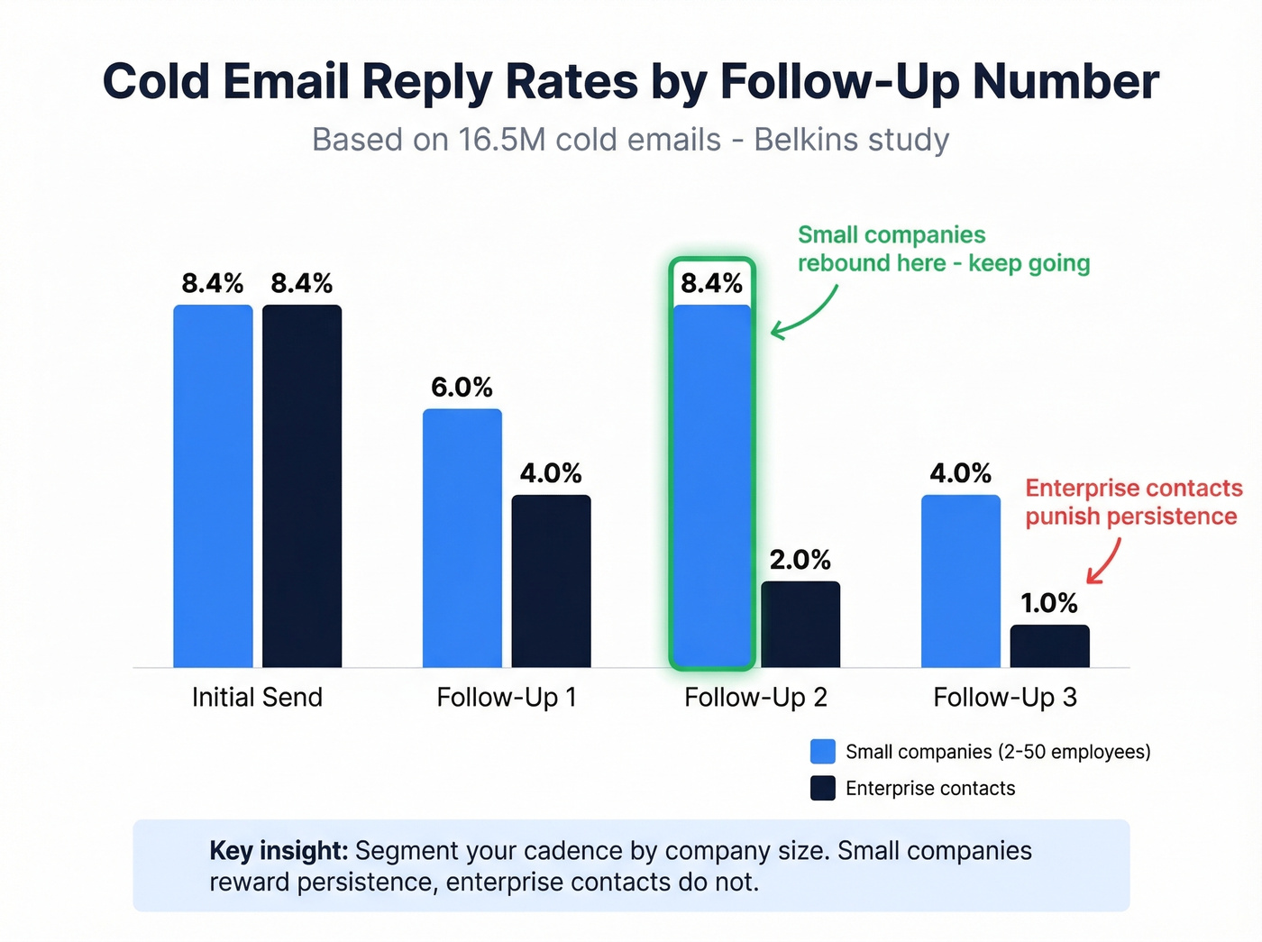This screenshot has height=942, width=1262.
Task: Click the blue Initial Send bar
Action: [213, 487]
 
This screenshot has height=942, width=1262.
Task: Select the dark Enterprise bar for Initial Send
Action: [302, 487]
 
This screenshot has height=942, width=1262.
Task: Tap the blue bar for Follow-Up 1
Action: [462, 538]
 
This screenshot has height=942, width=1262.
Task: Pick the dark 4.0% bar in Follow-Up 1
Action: [551, 581]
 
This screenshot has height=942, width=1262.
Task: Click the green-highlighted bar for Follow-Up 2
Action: [712, 487]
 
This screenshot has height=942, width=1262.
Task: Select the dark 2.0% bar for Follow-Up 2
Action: [800, 625]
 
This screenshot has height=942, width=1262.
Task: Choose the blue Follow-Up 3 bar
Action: [961, 581]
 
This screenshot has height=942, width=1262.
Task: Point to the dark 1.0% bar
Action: [1049, 646]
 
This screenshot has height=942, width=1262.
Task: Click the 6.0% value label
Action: [462, 388]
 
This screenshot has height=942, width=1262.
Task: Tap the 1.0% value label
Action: [1049, 603]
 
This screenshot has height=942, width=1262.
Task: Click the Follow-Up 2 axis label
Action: [755, 697]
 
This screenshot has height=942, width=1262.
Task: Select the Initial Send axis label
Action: [257, 697]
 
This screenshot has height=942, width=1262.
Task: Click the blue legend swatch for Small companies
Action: [822, 752]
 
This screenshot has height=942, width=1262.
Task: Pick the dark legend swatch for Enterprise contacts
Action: [822, 788]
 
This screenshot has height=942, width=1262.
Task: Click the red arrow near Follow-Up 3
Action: [1105, 562]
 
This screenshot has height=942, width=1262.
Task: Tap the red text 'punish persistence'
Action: [1130, 517]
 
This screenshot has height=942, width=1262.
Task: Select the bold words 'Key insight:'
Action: [278, 851]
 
